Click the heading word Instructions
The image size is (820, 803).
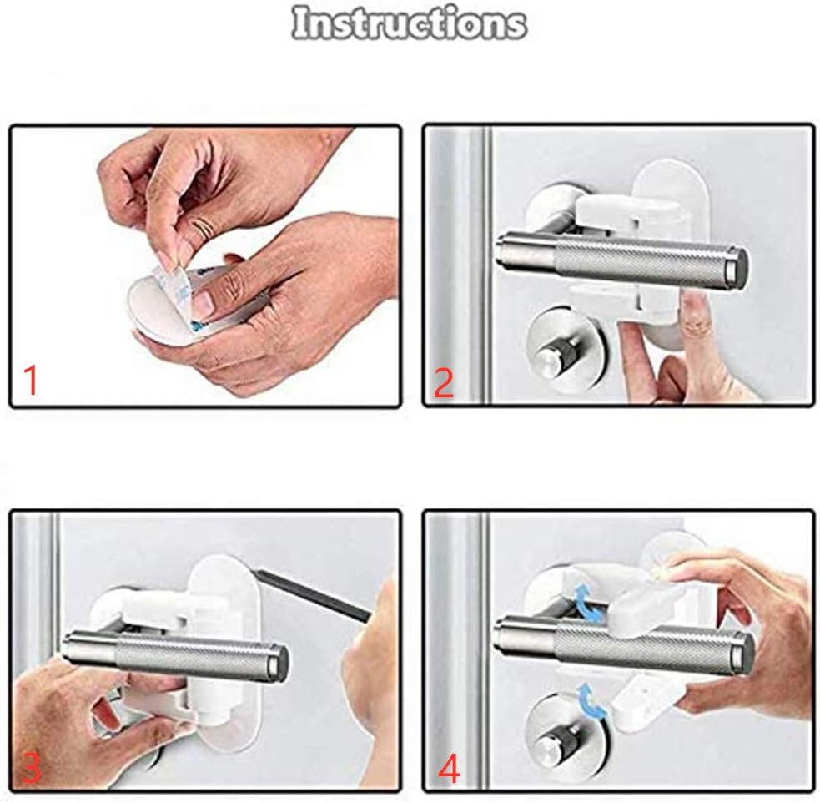click(409, 23)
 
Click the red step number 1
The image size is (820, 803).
click(31, 381)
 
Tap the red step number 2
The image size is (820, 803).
click(444, 382)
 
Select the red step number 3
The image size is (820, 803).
click(32, 769)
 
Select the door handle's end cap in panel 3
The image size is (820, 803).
click(280, 661)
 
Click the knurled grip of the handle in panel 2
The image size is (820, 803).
click(642, 260)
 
